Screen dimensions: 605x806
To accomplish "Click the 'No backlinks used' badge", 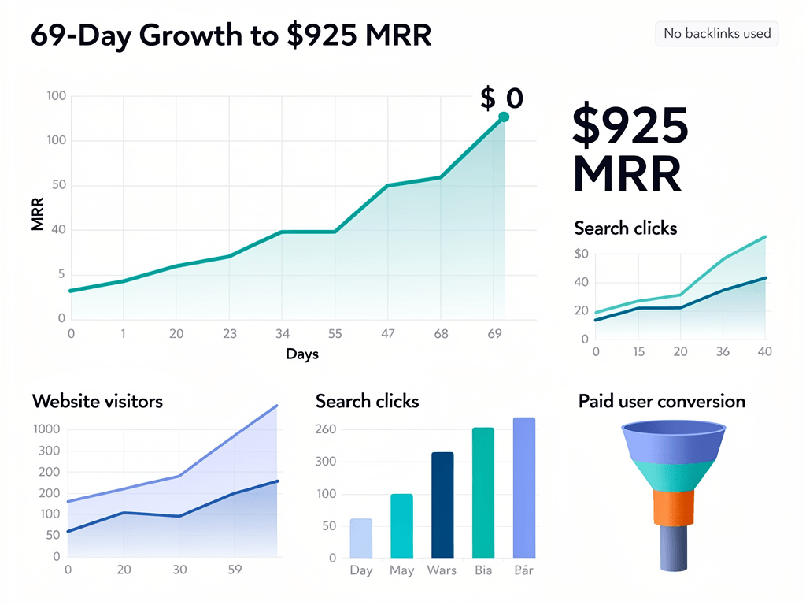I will click(x=716, y=34).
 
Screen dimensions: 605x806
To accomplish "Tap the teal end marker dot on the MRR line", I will click(x=504, y=117).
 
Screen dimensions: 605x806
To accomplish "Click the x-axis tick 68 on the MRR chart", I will click(x=441, y=334).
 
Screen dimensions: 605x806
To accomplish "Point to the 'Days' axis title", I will click(x=302, y=354).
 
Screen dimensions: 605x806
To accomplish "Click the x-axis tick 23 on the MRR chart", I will click(x=228, y=334).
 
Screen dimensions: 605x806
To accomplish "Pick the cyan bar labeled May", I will click(x=401, y=525).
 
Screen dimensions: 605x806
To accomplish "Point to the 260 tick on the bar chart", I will click(x=326, y=429).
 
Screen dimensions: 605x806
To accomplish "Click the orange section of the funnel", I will click(x=674, y=508).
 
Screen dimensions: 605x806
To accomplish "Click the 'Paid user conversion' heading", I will click(x=661, y=402).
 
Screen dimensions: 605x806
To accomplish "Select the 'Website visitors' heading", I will click(x=98, y=402).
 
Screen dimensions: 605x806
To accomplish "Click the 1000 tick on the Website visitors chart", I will click(x=46, y=429).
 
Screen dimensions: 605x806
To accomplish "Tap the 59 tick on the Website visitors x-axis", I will click(x=235, y=570).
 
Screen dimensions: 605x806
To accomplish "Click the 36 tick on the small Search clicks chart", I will click(x=723, y=352).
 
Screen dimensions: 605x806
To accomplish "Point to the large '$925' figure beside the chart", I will click(x=630, y=126).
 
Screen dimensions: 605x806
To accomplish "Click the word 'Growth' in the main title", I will click(x=191, y=36).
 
